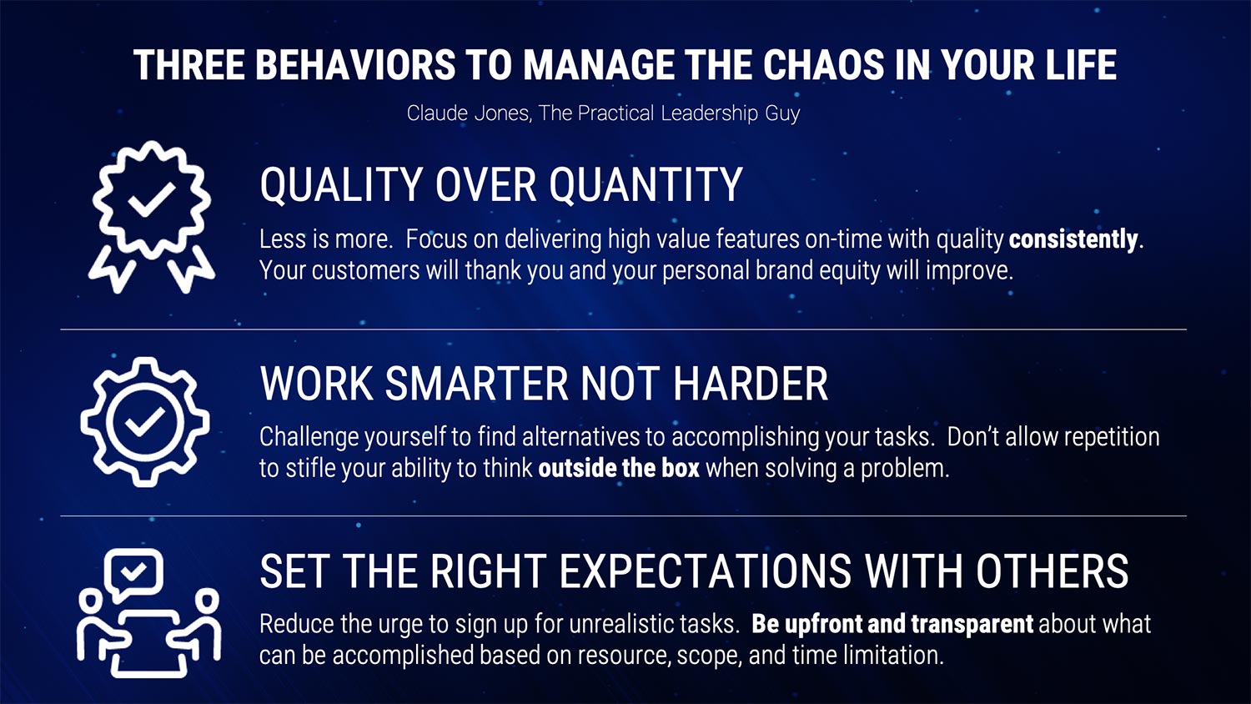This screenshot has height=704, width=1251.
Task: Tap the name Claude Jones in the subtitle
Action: (468, 113)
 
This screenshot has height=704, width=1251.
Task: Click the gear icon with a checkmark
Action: (144, 422)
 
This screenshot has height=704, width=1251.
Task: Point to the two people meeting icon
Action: (149, 614)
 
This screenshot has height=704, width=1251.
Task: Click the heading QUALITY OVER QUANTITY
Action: (500, 185)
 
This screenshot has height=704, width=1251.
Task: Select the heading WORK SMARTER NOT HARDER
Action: (544, 385)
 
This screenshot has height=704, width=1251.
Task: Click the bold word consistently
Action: (1073, 240)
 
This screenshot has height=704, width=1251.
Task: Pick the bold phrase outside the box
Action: (619, 469)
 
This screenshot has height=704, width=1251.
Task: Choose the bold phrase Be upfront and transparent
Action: (892, 625)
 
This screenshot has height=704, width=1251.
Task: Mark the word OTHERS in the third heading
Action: (1052, 572)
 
